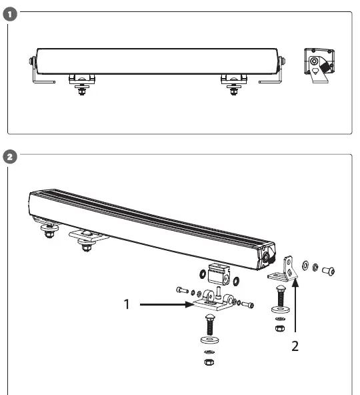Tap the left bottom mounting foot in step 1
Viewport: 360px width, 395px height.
pos(81,83)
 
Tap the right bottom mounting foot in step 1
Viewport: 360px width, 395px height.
pos(233,83)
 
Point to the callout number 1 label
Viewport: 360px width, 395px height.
pos(126,305)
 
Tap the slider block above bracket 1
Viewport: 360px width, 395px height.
pos(218,274)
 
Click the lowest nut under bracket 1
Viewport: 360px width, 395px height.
pos(208,362)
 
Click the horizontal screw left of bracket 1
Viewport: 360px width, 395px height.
pos(182,290)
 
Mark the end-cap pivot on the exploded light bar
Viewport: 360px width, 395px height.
pos(267,256)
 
